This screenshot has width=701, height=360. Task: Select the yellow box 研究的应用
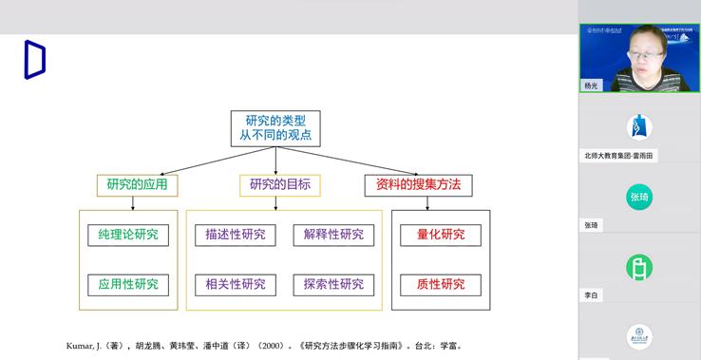coord(138,184)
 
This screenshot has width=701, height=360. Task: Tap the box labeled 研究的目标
coord(280,184)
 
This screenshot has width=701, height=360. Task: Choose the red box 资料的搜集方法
coord(418,184)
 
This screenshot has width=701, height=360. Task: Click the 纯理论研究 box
coord(128,235)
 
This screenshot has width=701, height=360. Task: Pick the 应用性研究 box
coord(128,284)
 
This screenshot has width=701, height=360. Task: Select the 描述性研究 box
coord(236,235)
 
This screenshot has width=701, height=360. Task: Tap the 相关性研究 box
coord(236,284)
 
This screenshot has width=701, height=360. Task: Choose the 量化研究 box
coord(441,235)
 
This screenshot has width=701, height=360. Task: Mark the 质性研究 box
coord(441,284)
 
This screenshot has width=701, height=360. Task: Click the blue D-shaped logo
coord(34,60)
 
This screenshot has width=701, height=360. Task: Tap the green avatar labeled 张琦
coord(639,197)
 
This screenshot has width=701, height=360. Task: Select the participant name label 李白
coord(591,295)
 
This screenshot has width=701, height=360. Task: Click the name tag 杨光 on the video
coord(592,85)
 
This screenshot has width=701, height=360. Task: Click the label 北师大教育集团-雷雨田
coord(619,155)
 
